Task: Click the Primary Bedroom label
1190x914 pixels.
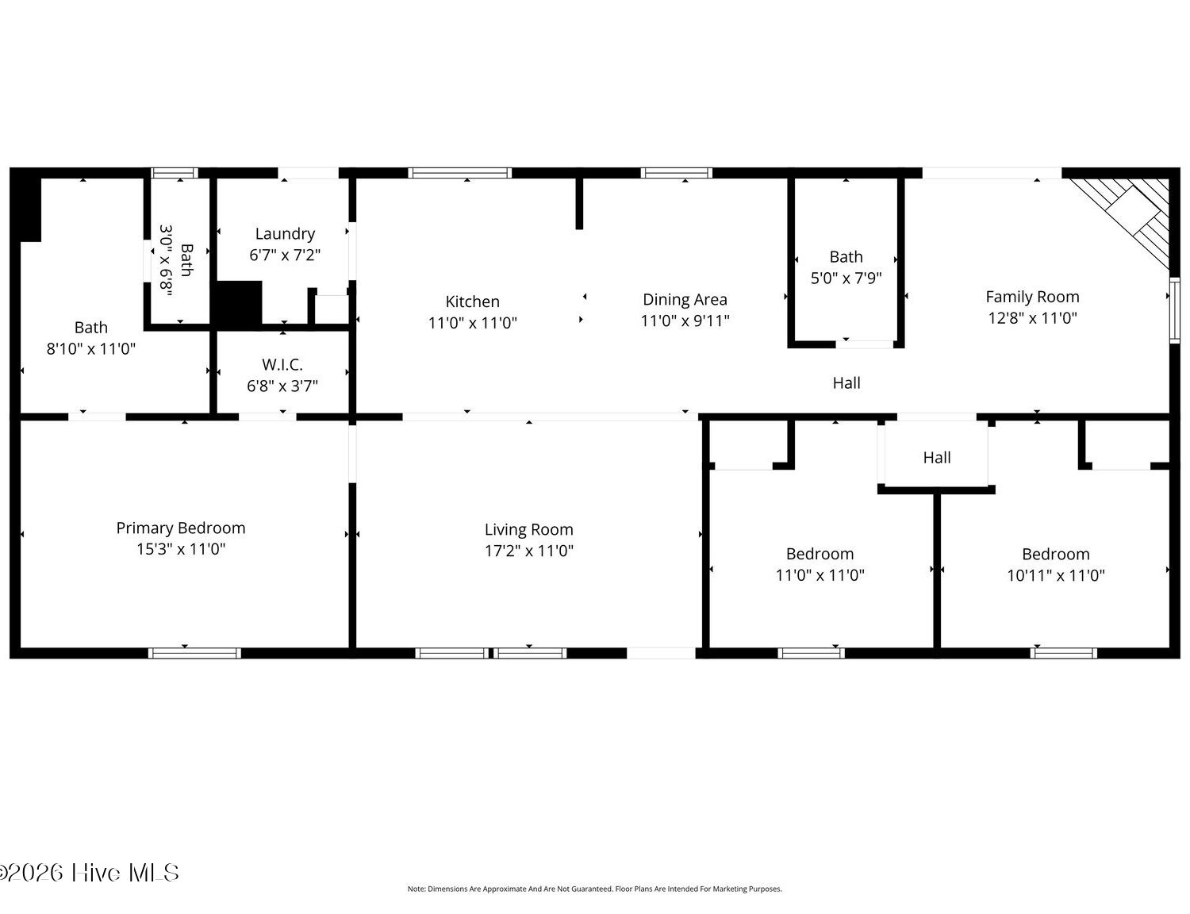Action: tap(181, 528)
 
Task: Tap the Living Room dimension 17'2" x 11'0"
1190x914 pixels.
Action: tap(528, 551)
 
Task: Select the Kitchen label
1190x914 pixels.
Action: tap(472, 301)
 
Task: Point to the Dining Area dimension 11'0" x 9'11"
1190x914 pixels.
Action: tap(685, 321)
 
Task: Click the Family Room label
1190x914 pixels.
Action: tap(1032, 297)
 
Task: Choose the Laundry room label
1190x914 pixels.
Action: tap(285, 234)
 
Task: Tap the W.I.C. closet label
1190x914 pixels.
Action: tap(282, 365)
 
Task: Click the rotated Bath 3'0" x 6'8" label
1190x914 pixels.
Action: tap(176, 261)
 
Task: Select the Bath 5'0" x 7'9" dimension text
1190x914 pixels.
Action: tap(846, 278)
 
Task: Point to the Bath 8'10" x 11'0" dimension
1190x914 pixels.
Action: tap(91, 349)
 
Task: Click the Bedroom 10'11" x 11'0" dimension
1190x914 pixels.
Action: tap(1055, 575)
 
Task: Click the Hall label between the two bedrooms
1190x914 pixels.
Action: tap(936, 458)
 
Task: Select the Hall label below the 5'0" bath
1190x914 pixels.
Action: tap(846, 383)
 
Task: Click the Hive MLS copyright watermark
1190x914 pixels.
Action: tap(89, 873)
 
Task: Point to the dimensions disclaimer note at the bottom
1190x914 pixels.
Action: tap(594, 889)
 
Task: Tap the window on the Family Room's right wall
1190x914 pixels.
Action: tap(1175, 310)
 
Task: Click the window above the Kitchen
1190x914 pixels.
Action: tap(460, 173)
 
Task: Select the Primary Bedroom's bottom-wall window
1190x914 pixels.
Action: tap(194, 653)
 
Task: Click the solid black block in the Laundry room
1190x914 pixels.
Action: tap(238, 305)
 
